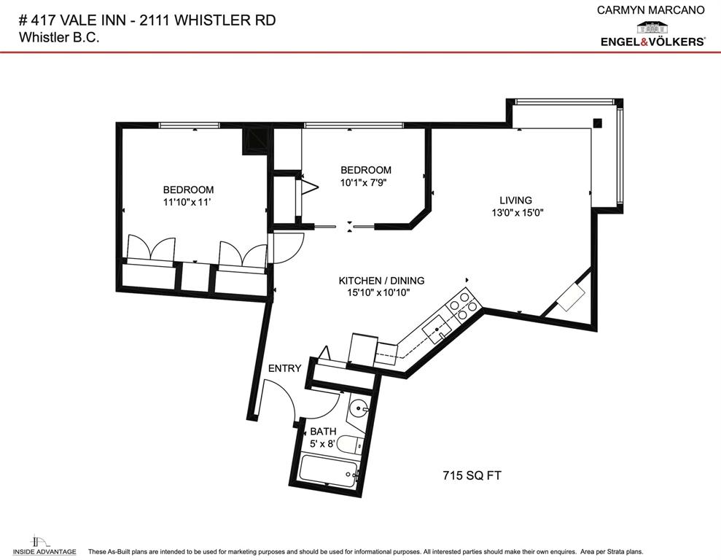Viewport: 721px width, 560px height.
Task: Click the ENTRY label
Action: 284,368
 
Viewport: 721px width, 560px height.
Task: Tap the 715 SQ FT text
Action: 472,475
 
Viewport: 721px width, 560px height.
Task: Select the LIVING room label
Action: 515,200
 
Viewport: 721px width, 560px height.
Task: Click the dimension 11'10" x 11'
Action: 188,203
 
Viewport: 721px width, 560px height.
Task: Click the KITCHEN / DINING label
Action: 381,280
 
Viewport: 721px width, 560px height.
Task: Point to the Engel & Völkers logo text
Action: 652,42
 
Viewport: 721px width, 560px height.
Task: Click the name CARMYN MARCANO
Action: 650,10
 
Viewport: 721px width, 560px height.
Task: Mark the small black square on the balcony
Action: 598,122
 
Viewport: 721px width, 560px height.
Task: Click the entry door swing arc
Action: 281,399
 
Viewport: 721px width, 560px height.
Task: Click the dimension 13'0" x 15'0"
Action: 518,213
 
